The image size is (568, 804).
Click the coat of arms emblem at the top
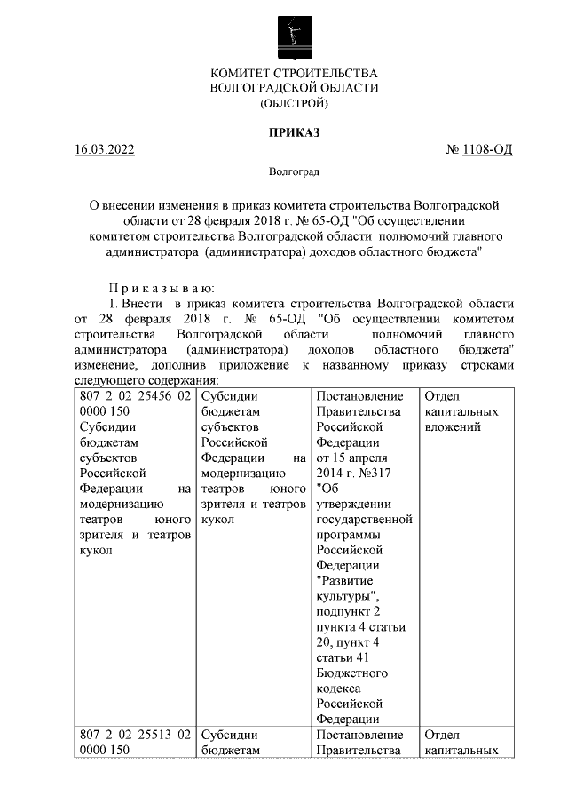click(294, 36)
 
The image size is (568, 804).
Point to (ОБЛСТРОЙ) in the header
click(294, 104)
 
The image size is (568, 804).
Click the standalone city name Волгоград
click(294, 171)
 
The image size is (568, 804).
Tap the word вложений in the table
click(453, 427)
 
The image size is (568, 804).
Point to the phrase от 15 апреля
click(352, 458)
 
